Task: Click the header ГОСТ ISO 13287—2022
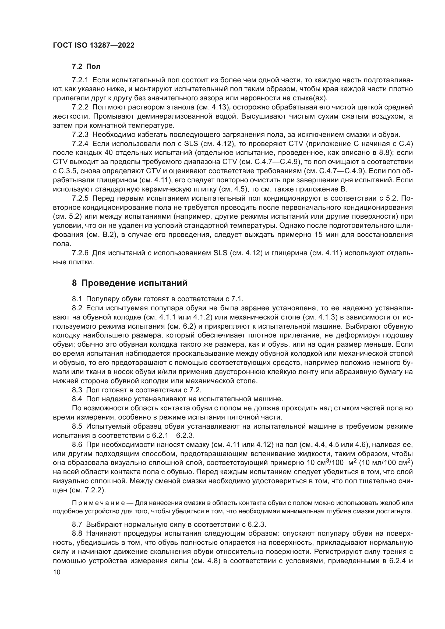click(93, 45)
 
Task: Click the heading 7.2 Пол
click(86, 67)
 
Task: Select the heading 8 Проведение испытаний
click(130, 283)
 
